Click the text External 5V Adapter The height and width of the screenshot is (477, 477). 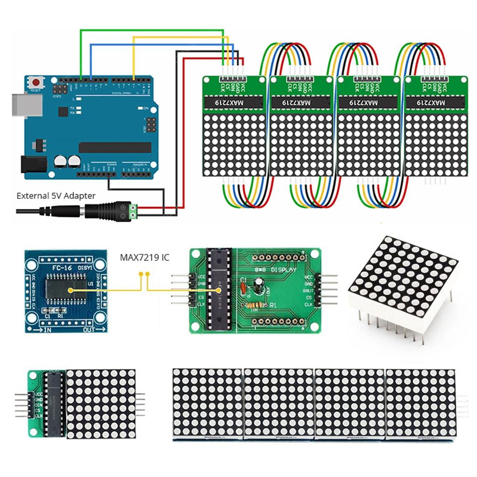tap(56, 196)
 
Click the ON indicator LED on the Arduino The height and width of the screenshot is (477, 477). tap(141, 108)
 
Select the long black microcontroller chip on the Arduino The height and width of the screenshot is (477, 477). tap(115, 147)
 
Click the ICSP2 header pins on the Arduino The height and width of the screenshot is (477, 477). tap(61, 88)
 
